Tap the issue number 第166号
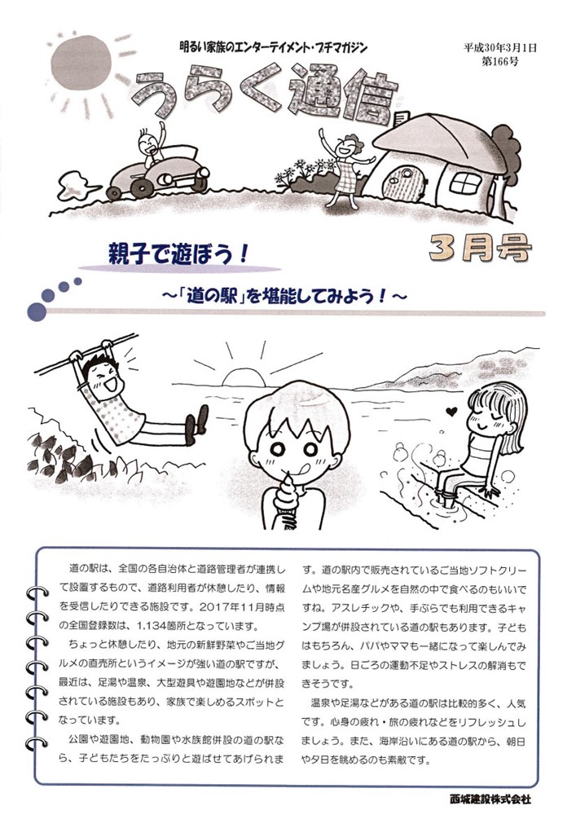pos(500,62)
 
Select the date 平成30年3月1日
pos(500,48)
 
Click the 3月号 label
pos(481,248)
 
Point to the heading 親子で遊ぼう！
pos(178,254)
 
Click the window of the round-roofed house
pos(465,183)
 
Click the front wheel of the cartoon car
pos(165,179)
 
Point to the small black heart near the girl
pos(452,412)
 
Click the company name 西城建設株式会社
pos(490,799)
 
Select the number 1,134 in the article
pos(152,624)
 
